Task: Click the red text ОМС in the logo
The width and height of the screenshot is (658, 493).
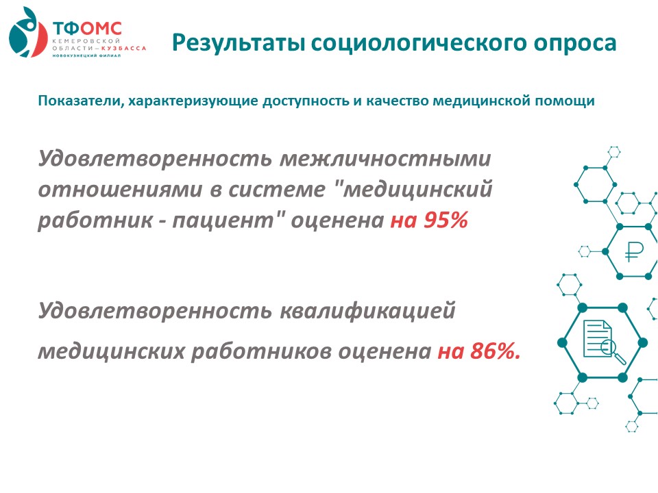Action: [x=101, y=29]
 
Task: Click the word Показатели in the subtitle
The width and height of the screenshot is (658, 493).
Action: [x=81, y=101]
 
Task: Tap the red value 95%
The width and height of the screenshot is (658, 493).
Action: [x=446, y=220]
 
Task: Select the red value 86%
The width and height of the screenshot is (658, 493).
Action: [x=496, y=351]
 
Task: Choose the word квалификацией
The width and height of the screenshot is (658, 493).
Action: [x=367, y=312]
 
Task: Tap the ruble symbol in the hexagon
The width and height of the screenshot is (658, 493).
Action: [x=633, y=252]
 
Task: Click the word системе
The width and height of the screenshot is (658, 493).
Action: [x=277, y=190]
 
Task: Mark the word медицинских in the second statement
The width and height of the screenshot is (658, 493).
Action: [x=111, y=351]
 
